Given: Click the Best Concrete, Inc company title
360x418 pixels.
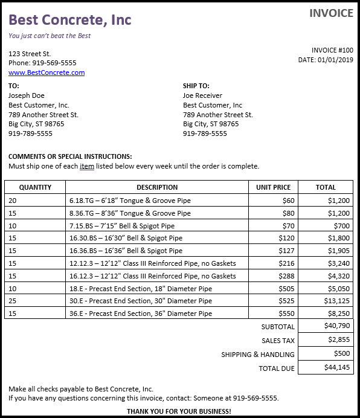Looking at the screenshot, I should click(70, 20).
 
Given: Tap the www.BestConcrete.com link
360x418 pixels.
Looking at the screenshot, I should click(47, 72).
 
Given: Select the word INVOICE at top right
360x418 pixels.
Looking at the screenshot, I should click(331, 13).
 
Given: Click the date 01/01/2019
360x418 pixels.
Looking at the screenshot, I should click(335, 60).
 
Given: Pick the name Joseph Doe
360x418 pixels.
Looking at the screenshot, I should click(27, 95).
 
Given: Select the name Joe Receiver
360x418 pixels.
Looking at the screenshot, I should click(202, 95).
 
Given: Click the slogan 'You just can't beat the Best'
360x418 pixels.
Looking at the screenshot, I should click(50, 36).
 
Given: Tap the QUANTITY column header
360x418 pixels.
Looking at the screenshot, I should click(35, 187).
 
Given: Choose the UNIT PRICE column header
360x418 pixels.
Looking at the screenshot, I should click(273, 187).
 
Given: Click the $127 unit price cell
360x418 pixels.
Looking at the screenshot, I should click(286, 251).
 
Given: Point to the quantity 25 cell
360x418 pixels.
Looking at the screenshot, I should click(13, 301).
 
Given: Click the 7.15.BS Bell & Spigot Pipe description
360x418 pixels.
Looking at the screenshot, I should click(122, 225).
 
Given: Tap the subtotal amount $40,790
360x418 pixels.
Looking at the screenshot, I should click(337, 326).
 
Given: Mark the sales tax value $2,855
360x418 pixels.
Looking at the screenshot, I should click(339, 339).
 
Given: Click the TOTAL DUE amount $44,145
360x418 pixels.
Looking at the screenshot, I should click(337, 367).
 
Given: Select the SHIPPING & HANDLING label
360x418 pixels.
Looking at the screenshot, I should click(258, 355).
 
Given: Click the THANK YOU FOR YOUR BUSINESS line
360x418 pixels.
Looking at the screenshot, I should click(179, 411).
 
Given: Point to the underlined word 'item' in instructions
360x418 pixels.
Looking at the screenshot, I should click(87, 166).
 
